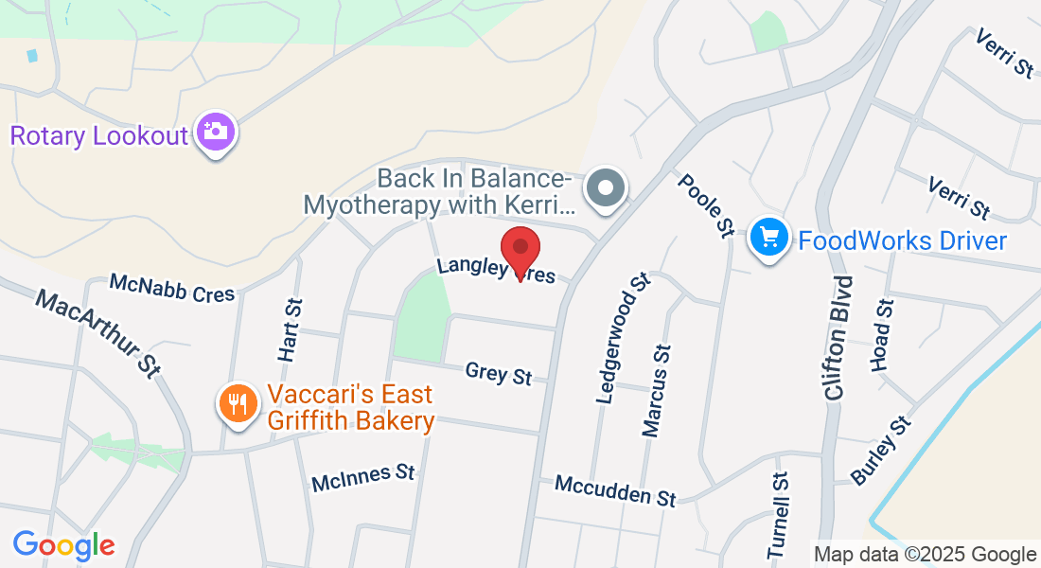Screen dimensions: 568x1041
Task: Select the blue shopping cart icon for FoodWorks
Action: coord(769,237)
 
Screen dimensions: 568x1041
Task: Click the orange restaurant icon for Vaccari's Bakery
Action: coord(238,404)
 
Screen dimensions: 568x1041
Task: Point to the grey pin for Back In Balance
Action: coord(606,187)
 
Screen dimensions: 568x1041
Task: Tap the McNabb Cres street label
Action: coord(171,288)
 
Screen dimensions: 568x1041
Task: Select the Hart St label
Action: coord(291,329)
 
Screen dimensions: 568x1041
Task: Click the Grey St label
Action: coord(499,373)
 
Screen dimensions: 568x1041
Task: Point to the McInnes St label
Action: coord(363,477)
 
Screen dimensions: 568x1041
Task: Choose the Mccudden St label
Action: coord(615,490)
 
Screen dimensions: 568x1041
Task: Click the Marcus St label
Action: coord(657,391)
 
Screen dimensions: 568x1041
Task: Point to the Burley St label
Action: coord(880,451)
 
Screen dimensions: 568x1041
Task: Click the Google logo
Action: coord(63,545)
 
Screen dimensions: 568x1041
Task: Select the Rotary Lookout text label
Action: coord(99,135)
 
